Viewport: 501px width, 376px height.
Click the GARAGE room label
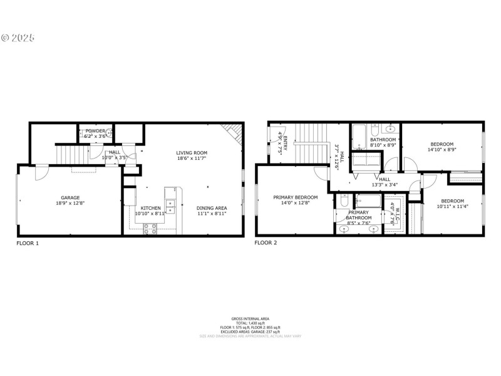(70, 197)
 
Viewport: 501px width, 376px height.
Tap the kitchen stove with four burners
(150, 229)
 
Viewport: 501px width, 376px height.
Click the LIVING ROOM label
(191, 152)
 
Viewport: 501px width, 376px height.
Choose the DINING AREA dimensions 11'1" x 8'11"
(211, 214)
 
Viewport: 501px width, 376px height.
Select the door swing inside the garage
(39, 173)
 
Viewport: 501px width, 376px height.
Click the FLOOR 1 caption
(28, 243)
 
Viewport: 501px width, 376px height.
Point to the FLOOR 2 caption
(266, 243)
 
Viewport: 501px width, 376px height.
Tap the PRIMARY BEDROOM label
(295, 197)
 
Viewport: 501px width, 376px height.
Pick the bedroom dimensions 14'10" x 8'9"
(442, 149)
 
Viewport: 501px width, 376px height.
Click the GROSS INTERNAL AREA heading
(250, 318)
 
